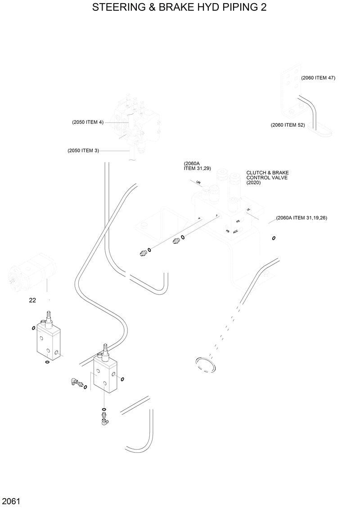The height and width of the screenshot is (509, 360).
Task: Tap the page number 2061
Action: point(11,501)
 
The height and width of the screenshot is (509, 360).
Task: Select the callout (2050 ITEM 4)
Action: point(88,122)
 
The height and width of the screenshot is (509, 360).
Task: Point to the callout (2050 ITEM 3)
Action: point(83,151)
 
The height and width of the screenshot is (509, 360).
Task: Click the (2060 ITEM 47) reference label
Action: point(318,78)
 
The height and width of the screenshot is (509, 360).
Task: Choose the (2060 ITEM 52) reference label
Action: point(288,125)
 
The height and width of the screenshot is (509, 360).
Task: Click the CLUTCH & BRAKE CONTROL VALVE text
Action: point(267,178)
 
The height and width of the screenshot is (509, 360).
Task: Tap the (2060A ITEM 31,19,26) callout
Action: point(301,218)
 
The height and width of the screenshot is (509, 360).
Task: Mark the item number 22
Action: point(32,300)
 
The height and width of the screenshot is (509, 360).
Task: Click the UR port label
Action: point(198,183)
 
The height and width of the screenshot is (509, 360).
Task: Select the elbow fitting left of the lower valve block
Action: point(73,382)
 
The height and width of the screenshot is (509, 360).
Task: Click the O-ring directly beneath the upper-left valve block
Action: point(48,361)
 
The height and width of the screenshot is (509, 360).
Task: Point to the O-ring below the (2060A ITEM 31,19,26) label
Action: point(274,238)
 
